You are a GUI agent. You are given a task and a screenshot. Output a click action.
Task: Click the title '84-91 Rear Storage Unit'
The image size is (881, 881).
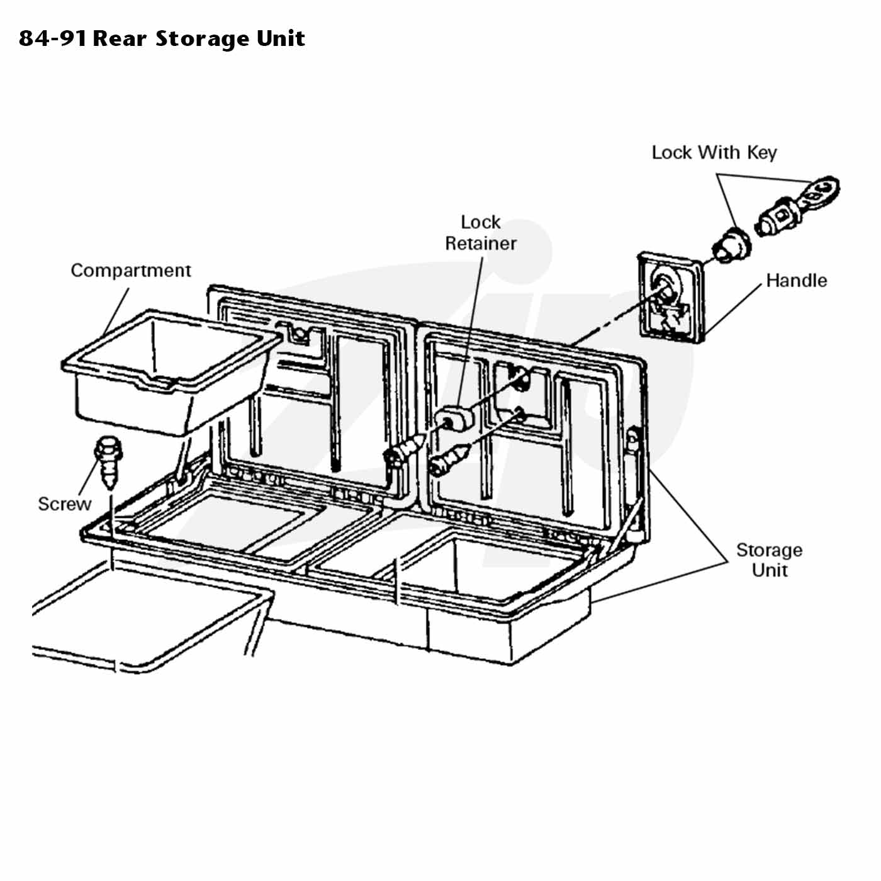tap(162, 38)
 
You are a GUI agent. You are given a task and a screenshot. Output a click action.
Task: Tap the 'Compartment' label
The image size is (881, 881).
tap(131, 271)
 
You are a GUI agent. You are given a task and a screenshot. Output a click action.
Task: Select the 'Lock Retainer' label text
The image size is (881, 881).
tap(481, 233)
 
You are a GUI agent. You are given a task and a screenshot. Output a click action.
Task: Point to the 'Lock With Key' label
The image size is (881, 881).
tap(714, 152)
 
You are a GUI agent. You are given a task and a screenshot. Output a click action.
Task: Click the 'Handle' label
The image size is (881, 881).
tap(797, 280)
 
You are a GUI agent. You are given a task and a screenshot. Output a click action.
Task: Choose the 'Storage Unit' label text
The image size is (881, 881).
tap(770, 560)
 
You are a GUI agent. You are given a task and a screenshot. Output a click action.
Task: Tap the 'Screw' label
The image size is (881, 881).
tap(64, 504)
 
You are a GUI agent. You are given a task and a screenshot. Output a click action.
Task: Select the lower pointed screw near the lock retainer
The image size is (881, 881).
tap(449, 461)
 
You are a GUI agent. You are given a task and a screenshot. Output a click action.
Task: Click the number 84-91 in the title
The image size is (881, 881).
tap(53, 39)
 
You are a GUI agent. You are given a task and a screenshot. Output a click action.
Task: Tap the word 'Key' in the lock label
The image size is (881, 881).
tap(761, 153)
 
